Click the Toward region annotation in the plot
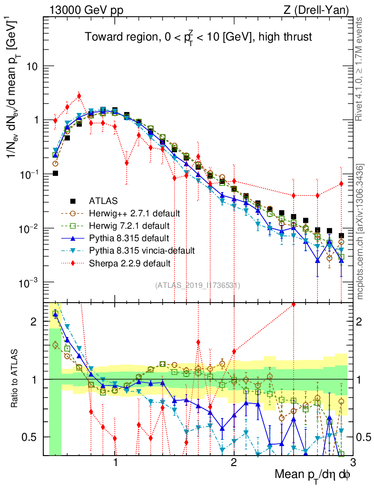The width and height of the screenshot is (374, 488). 198,37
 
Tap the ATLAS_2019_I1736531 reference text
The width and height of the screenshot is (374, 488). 197,285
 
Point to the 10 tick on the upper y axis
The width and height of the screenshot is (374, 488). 32,66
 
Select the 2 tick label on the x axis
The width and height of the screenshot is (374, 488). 234,463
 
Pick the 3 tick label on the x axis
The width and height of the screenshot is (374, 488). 352,463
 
